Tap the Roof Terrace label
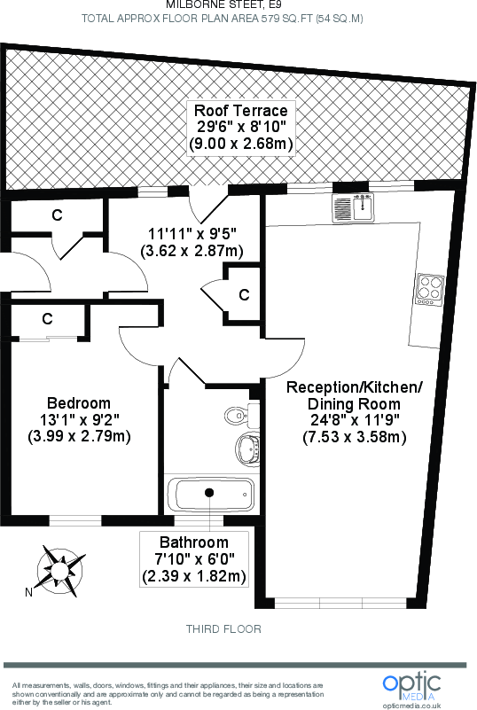pos(241,111)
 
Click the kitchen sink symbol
pos(355,208)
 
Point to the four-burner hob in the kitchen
pos(429,290)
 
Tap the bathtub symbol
pos(210,493)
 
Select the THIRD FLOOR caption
pos(223,629)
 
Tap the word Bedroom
pos(80,402)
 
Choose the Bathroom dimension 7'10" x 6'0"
pos(194,559)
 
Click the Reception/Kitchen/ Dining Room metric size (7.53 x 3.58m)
pos(355,437)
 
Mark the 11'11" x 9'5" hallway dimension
pos(192,235)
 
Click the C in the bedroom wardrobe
pos(47,318)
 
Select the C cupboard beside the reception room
pos(243,295)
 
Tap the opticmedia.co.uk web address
pos(411,705)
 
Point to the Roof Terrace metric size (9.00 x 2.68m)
pos(241,144)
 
